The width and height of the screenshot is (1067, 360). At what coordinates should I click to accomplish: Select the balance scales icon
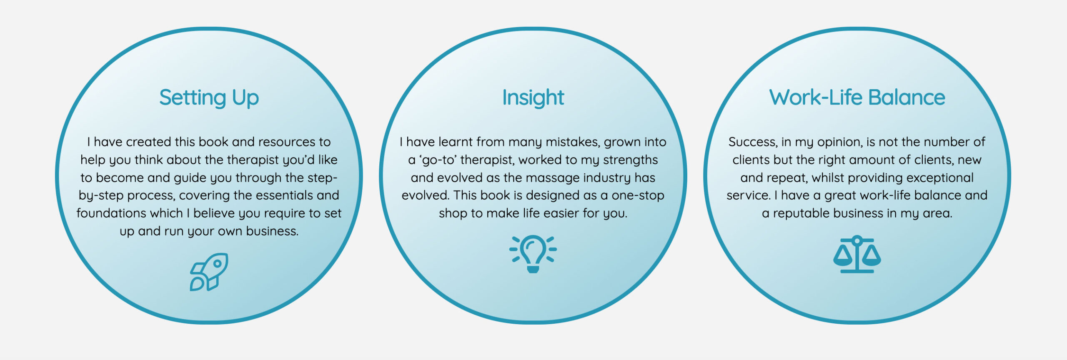click(857, 254)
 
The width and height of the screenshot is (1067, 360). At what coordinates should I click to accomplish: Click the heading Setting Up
click(209, 98)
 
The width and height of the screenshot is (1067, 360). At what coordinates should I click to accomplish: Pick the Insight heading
click(533, 98)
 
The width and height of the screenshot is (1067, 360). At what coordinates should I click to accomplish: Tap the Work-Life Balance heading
click(857, 97)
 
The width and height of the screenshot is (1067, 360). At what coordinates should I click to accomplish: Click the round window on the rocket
click(217, 263)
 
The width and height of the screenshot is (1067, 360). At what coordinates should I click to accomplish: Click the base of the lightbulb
click(533, 270)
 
